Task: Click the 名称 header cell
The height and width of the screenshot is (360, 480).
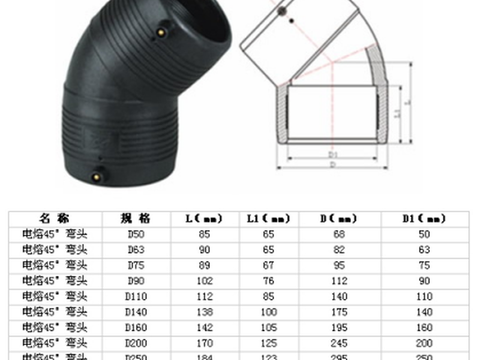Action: [55, 218]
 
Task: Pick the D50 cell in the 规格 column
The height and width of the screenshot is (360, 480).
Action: [136, 234]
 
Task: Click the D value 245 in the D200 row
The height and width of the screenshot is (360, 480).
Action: [339, 343]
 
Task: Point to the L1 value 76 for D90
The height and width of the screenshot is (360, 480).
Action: [269, 281]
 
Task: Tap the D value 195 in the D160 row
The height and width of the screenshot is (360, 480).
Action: [339, 328]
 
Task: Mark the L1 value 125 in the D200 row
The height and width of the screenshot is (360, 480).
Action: [269, 343]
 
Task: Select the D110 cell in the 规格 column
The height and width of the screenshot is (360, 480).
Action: [136, 296]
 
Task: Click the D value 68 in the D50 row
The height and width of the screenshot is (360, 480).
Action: [339, 234]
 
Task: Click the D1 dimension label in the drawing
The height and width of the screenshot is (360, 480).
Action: [333, 155]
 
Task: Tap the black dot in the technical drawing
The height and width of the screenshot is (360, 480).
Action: [292, 22]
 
